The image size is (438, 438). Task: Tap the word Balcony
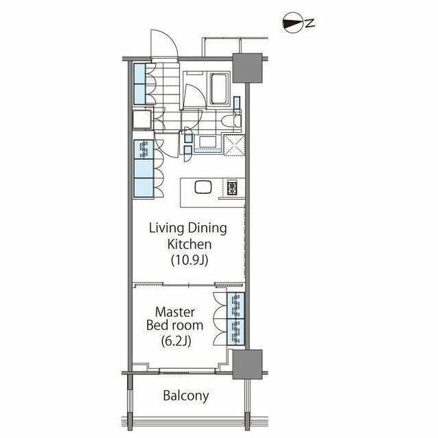point(186,396)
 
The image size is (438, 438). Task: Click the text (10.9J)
point(190,260)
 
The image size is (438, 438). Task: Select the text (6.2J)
point(177,341)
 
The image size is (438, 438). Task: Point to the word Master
point(175,312)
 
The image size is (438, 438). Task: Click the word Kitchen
point(190,244)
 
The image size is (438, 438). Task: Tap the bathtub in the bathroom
point(218,89)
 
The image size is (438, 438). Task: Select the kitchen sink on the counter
point(203,187)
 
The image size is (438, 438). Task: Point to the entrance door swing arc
point(164,43)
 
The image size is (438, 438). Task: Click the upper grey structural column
point(247,68)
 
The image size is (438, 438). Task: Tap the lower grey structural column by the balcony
point(247,364)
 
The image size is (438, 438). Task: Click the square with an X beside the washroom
point(234,144)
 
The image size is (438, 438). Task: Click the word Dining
point(207,229)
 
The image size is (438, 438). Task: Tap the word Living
point(166,229)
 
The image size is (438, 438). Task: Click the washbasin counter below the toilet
point(207,142)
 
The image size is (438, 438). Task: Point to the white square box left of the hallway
point(142,120)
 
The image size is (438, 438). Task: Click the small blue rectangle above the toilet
point(237,103)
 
